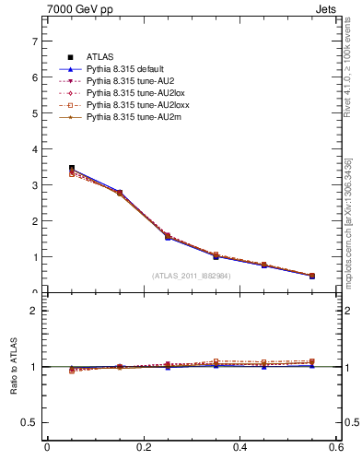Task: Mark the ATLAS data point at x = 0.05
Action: [72, 169]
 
